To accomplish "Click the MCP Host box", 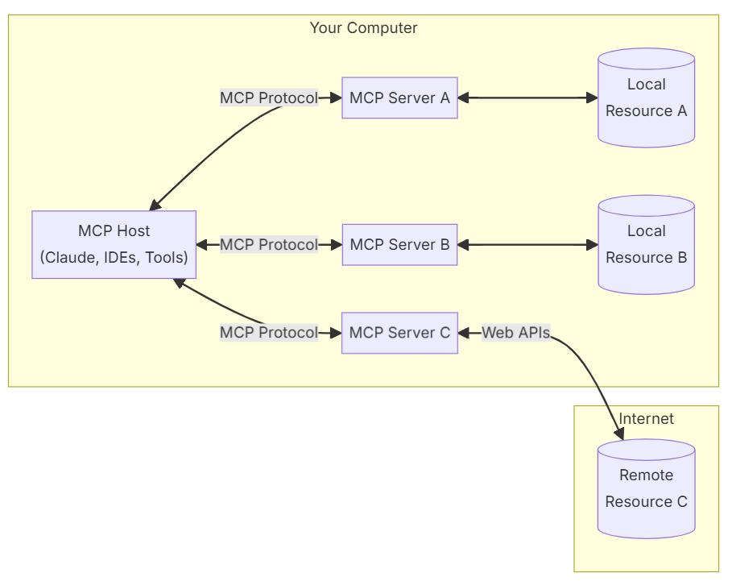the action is [x=114, y=245].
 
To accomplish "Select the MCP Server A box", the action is [x=399, y=98].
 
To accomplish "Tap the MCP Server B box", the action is [x=399, y=245].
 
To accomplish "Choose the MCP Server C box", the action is [x=399, y=333].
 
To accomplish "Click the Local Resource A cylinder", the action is [x=646, y=98].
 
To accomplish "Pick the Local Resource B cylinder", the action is [x=646, y=245].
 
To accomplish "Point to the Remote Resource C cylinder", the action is [x=646, y=488].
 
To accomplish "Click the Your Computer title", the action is [x=364, y=28].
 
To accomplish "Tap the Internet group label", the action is [x=646, y=418].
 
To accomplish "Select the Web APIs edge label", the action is [x=516, y=333].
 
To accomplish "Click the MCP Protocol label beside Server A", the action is [x=269, y=98].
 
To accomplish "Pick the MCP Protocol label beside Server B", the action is [x=269, y=245].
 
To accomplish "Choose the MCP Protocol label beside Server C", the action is [x=269, y=333].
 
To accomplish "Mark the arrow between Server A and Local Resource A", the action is [x=528, y=98].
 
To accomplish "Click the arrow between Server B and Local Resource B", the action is [x=528, y=245].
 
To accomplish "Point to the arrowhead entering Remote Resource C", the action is [x=619, y=434].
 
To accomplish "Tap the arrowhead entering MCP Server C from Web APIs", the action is [x=464, y=333].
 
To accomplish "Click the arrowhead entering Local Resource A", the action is [x=593, y=98].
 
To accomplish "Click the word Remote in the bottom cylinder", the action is [x=646, y=475].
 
